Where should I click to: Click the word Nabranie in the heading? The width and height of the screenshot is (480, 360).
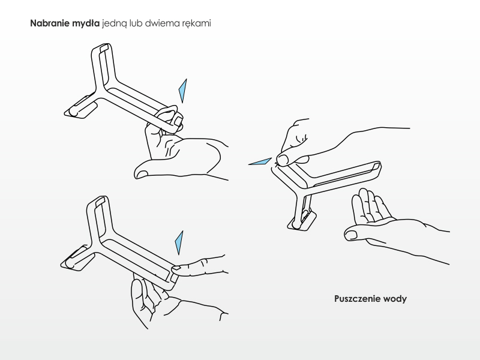[50, 23]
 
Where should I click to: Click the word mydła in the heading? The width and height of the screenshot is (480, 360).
[86, 24]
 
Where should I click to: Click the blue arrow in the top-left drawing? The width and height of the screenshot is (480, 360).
[183, 91]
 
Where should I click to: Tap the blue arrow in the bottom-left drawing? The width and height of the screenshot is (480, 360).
[179, 243]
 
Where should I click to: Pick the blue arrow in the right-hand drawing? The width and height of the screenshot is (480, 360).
[260, 161]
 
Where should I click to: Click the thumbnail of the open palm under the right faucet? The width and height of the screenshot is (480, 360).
[351, 235]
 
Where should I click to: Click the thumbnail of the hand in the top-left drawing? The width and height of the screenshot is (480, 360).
[141, 175]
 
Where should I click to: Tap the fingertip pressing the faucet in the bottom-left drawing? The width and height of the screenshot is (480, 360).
[177, 268]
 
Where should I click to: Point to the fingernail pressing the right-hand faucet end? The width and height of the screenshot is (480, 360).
[282, 160]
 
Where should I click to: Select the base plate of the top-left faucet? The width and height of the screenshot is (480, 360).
[81, 107]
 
